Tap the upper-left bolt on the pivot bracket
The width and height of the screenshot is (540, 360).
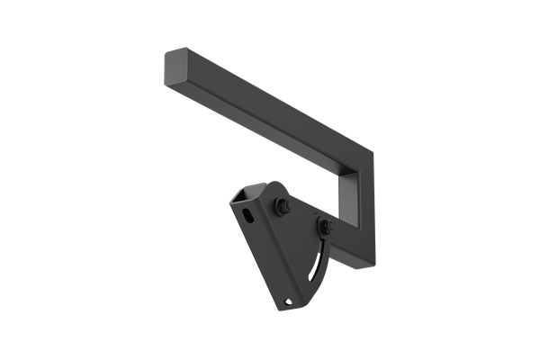(283, 206)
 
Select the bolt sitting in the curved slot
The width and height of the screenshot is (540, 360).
(325, 227)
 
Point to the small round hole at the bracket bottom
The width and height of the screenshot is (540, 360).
(288, 301)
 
